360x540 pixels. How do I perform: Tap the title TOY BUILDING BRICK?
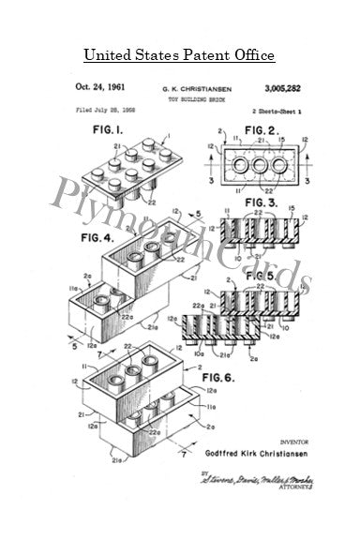point(180,97)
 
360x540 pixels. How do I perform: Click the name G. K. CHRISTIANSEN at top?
point(180,86)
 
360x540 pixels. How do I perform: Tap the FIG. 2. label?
point(251,127)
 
